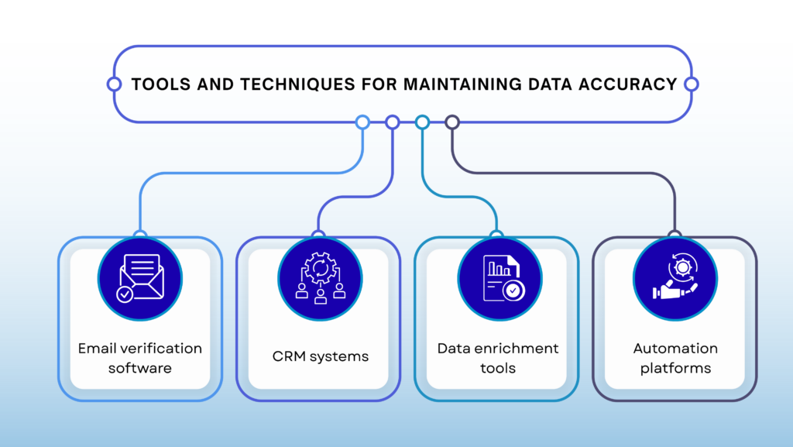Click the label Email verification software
[x=140, y=358]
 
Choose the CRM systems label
[x=320, y=357]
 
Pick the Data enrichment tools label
[x=498, y=358]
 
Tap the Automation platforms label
[x=675, y=358]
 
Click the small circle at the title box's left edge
[x=114, y=84]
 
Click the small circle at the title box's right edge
[x=692, y=84]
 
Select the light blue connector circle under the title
[x=362, y=122]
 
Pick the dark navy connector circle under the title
[x=452, y=122]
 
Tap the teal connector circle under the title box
[x=422, y=122]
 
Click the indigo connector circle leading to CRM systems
[x=392, y=122]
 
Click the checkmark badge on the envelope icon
[x=124, y=294]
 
